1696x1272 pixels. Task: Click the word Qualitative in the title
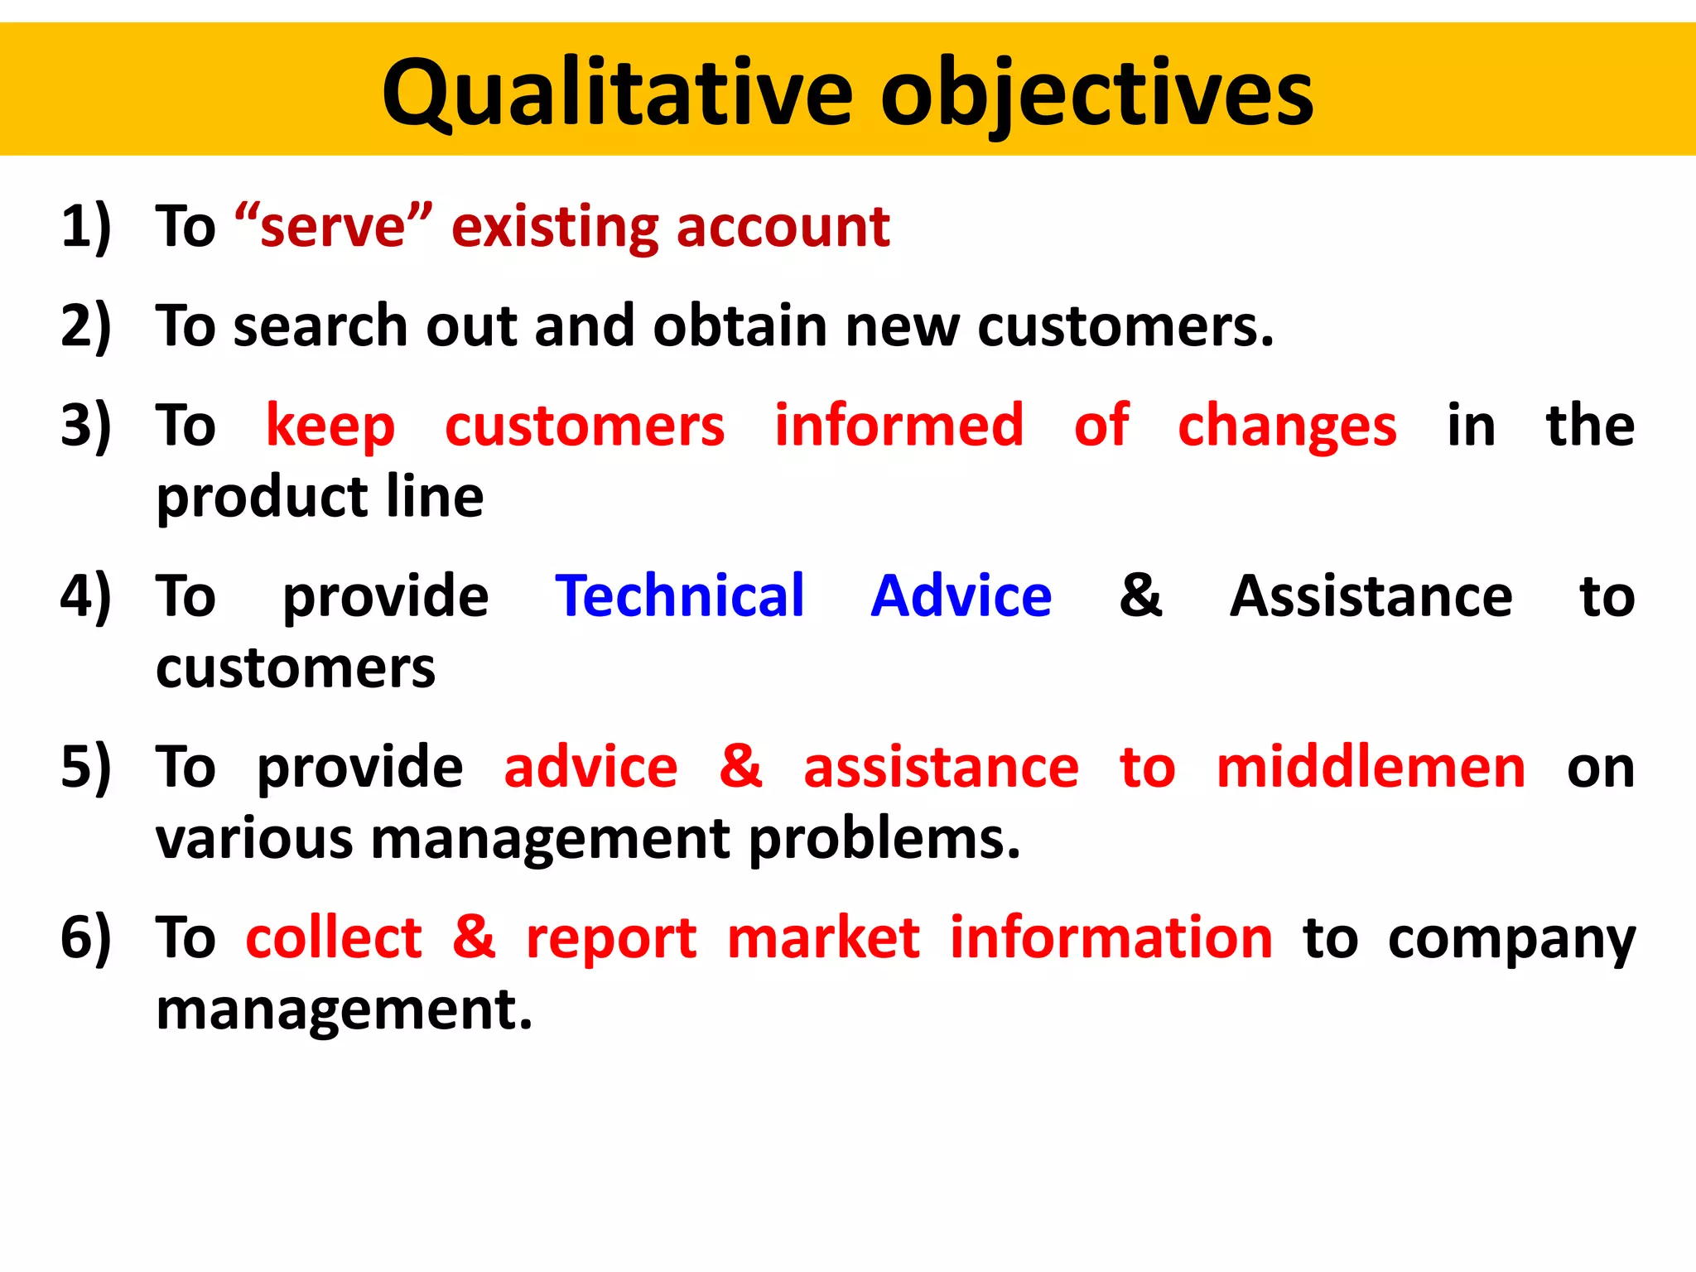(x=617, y=93)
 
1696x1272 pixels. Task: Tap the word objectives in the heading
(x=1096, y=93)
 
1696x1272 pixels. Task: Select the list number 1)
(x=85, y=226)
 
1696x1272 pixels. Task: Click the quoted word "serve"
(x=333, y=226)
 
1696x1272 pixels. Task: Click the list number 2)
(x=85, y=325)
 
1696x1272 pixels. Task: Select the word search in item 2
(x=321, y=325)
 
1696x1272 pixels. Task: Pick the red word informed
(x=899, y=425)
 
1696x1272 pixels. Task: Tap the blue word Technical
(x=679, y=595)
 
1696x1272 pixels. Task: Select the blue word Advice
(x=961, y=595)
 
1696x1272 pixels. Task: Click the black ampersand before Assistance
(x=1140, y=595)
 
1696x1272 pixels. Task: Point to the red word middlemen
(x=1371, y=767)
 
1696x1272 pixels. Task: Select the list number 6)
(x=85, y=937)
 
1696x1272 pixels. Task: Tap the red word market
(x=823, y=938)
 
